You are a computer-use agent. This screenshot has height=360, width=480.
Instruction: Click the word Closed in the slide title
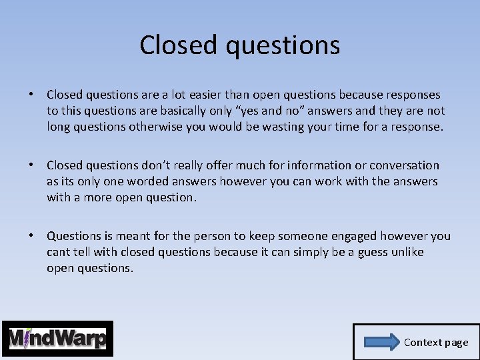(x=179, y=45)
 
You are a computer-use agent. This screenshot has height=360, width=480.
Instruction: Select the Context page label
(x=436, y=343)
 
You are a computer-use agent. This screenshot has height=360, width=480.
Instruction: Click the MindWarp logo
(x=57, y=339)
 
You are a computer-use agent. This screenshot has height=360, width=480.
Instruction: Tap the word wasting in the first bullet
(x=301, y=127)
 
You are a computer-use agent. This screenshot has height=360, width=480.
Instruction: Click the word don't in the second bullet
(x=156, y=165)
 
